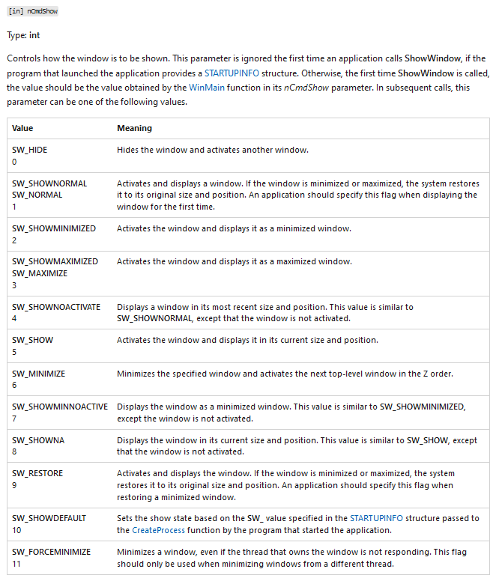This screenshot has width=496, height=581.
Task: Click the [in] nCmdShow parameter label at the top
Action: point(32,12)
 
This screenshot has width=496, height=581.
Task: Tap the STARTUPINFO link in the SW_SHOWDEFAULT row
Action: point(378,518)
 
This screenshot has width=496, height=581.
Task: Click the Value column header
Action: point(22,128)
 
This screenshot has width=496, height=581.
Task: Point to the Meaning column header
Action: point(134,128)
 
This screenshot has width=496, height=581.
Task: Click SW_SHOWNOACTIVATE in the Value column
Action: point(56,307)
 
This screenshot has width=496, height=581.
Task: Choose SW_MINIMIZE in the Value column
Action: point(38,373)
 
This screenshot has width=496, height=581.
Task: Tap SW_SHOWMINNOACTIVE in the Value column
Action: point(60,407)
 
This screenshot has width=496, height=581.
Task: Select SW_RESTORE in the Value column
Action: point(37,474)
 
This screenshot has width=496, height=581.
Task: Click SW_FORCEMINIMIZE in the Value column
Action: point(52,552)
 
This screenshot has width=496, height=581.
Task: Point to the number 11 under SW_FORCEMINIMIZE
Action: point(16,563)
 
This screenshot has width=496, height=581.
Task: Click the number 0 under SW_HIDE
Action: point(15,161)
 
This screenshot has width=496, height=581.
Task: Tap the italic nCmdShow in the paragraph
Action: point(305,88)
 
